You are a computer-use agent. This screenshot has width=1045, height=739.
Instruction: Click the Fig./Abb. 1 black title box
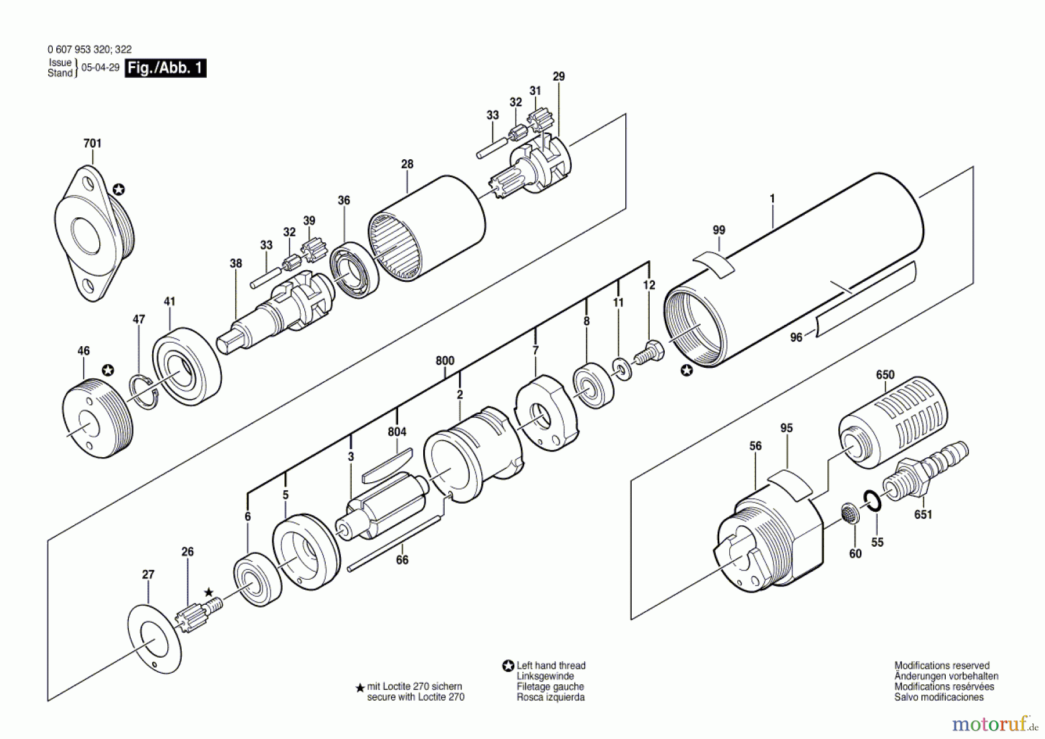[165, 68]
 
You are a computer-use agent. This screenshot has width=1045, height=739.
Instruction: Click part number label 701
[92, 143]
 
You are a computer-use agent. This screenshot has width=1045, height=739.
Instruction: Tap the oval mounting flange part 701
[93, 232]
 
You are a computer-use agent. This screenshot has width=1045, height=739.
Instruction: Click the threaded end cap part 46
[96, 417]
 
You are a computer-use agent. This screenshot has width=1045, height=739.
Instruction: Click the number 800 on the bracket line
[445, 361]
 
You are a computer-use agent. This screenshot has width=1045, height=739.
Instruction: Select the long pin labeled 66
[395, 543]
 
